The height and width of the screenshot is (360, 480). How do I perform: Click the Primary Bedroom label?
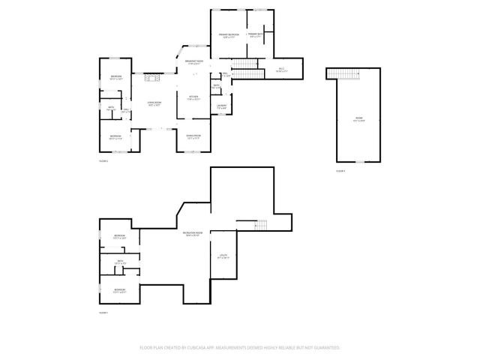229,36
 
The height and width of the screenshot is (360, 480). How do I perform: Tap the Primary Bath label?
255,34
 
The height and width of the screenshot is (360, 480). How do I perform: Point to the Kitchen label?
193,97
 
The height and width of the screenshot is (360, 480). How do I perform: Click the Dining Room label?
193,136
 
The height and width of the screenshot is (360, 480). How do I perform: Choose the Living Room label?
154,104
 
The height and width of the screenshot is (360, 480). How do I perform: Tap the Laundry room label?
223,106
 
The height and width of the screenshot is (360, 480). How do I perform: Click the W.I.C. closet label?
281,70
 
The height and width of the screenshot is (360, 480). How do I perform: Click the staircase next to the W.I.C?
248,73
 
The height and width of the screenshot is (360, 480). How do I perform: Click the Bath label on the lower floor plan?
119,262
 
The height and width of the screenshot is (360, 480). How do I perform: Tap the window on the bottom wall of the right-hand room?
359,161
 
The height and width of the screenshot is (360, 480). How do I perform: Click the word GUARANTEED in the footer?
327,348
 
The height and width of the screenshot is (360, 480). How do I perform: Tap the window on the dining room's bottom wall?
193,151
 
